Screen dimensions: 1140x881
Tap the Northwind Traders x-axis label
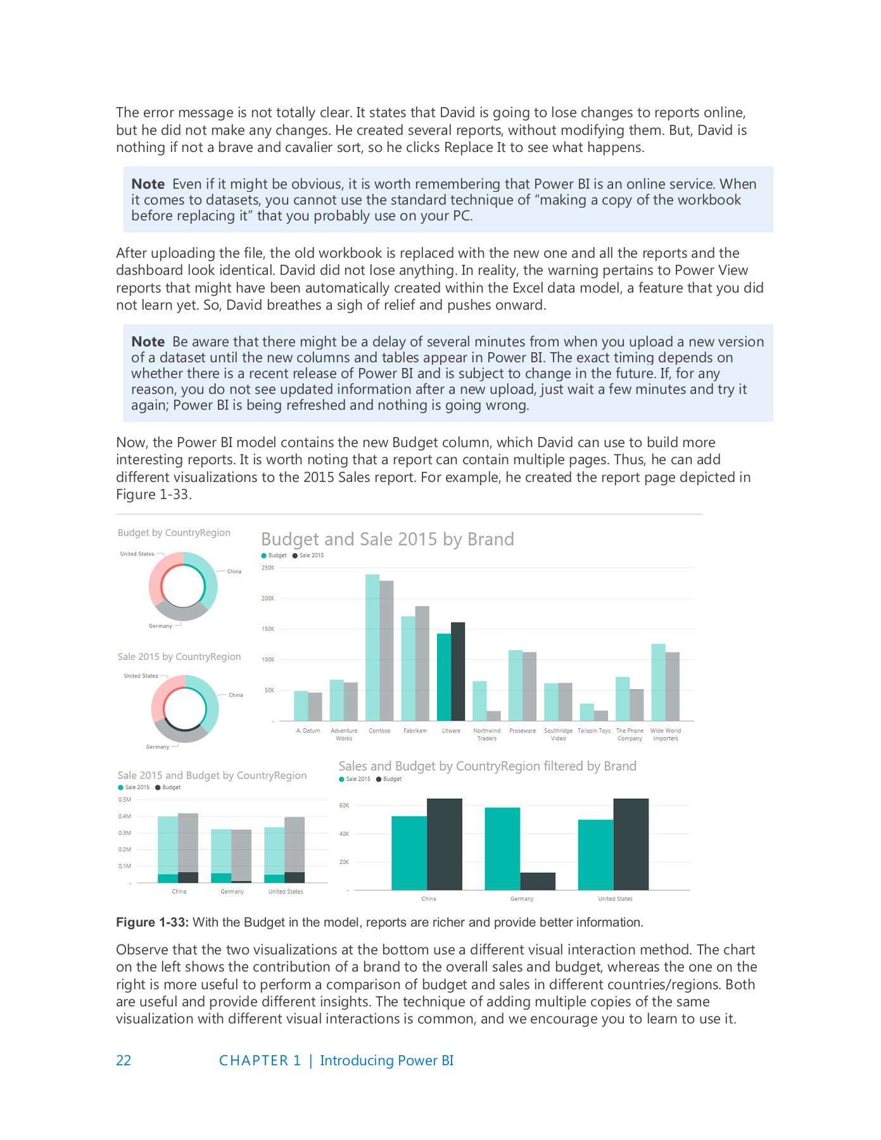click(486, 734)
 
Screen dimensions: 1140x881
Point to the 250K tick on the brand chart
click(268, 567)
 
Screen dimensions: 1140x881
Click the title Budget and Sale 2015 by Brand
click(387, 539)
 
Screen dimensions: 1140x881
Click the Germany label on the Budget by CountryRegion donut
click(160, 626)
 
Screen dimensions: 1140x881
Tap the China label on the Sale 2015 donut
click(236, 695)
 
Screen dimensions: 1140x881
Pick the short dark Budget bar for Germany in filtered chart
click(538, 881)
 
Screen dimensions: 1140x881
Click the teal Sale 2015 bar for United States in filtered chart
click(595, 854)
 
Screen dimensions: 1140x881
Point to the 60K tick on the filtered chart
click(344, 806)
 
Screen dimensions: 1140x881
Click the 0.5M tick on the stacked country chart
click(124, 799)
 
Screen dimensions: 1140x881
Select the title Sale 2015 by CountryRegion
click(179, 657)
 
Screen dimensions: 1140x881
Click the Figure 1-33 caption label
click(152, 922)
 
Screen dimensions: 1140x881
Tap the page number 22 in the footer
click(124, 1060)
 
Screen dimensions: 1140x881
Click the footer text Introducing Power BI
click(386, 1060)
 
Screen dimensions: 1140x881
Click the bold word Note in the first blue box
click(148, 184)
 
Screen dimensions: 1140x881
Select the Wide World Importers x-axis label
click(665, 734)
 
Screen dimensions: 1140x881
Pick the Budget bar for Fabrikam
click(408, 668)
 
